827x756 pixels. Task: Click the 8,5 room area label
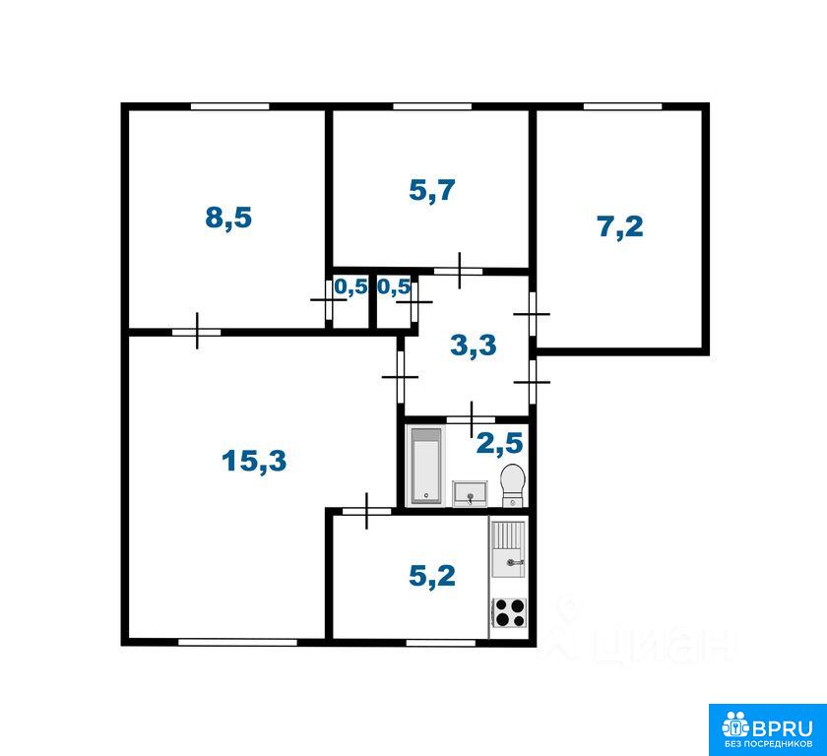point(228,218)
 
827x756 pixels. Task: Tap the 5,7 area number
point(432,190)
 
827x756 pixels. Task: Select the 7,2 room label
point(621,226)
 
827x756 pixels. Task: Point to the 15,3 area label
point(254,462)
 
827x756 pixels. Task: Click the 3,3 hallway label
point(474,346)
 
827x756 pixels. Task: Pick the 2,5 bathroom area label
point(499,443)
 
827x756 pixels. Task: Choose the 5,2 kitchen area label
point(432,576)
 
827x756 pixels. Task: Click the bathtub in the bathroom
point(426,465)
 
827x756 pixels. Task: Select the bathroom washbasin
point(470,493)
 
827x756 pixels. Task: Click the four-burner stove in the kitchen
point(509,613)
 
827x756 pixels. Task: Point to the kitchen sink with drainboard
point(508,549)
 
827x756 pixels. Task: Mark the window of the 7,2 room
point(622,106)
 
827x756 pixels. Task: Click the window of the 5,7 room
point(432,106)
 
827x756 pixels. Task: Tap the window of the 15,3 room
point(238,642)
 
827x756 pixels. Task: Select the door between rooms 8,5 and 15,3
point(197,332)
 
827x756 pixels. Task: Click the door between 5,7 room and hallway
point(459,271)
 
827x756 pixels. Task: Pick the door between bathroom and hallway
point(471,419)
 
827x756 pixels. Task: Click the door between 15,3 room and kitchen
point(367,511)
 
